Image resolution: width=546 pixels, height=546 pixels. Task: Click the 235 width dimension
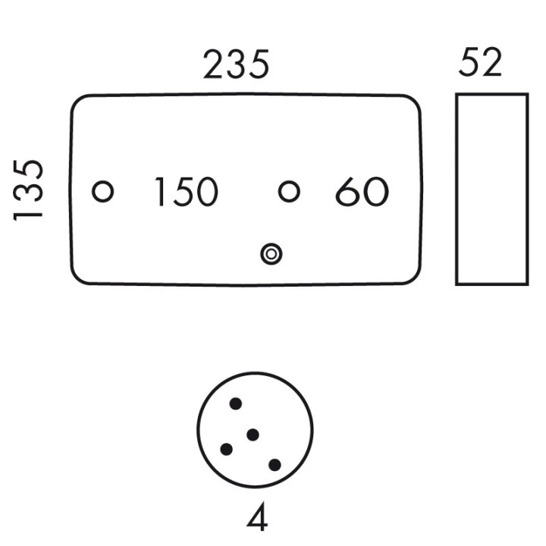236,64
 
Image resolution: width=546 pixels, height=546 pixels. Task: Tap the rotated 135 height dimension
28,190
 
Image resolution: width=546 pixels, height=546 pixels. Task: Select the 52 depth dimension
481,62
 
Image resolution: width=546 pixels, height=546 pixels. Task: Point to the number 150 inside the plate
187,192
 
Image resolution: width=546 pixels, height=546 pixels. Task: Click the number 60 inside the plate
362,192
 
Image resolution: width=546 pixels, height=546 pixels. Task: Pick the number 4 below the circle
257,516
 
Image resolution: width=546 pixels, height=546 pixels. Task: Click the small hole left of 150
102,192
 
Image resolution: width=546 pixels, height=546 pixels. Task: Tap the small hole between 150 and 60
289,191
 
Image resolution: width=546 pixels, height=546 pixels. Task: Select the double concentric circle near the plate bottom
271,254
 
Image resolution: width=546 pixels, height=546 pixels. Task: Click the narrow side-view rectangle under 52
492,190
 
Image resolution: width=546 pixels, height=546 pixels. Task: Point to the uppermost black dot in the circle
236,404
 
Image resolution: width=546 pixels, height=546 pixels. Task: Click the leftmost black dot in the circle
226,449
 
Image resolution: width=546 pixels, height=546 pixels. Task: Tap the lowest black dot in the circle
275,465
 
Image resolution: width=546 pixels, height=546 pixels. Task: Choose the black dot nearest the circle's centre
253,435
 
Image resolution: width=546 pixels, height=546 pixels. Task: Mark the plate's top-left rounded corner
77,100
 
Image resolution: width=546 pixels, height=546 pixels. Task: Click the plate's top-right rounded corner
415,101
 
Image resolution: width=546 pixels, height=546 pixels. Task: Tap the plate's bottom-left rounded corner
77,278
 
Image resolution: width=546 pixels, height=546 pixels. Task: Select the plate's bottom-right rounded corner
415,278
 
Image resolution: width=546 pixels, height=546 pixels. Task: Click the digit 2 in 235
214,64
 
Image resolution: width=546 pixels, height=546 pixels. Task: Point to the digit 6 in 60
347,192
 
